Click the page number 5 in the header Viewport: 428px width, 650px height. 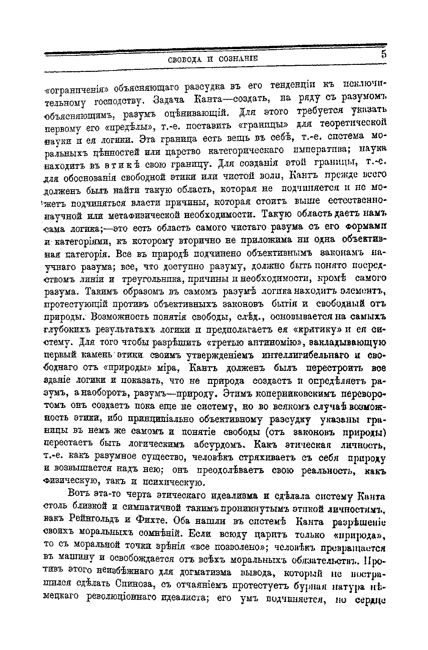tap(383, 54)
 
